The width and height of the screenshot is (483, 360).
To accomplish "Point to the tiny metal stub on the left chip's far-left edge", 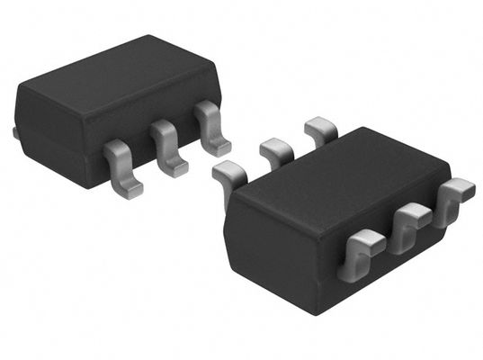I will pyautogui.click(x=15, y=132).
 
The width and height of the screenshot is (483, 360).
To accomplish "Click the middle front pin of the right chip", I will pyautogui.click(x=411, y=220).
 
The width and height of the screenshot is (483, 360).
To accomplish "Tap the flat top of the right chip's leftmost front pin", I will pyautogui.click(x=364, y=241).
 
